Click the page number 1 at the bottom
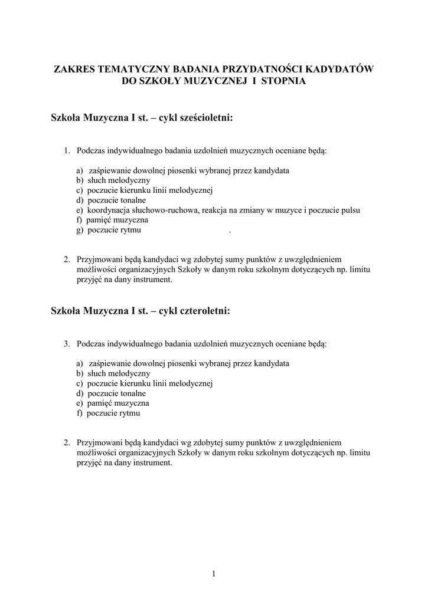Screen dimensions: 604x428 coord(214,574)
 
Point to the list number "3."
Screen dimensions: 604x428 coord(67,343)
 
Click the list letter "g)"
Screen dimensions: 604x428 coord(80,230)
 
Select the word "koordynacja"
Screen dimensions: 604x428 coord(108,210)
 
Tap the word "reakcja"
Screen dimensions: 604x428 coord(212,210)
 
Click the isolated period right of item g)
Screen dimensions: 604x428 coord(229,231)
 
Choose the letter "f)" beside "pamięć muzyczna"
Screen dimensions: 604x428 coord(80,220)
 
